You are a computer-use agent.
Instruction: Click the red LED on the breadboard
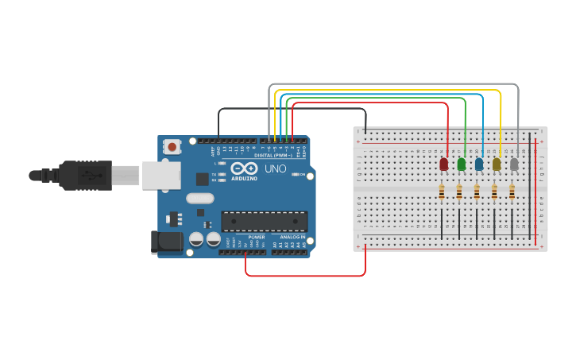(x=443, y=164)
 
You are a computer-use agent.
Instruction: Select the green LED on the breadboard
(x=461, y=164)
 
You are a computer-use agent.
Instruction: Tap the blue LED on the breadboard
(x=478, y=164)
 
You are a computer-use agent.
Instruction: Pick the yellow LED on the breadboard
(x=497, y=164)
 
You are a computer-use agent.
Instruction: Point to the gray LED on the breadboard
(x=514, y=164)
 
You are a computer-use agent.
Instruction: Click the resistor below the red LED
(x=442, y=192)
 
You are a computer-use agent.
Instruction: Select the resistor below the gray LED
(x=512, y=192)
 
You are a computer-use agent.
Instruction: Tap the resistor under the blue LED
(x=477, y=192)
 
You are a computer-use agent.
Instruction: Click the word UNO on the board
(x=275, y=169)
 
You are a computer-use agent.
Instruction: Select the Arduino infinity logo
(x=245, y=168)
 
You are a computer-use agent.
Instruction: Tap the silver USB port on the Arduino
(x=161, y=176)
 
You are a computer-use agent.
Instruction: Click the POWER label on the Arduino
(x=257, y=237)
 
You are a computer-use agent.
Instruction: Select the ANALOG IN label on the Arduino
(x=292, y=237)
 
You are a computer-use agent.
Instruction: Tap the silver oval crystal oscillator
(x=200, y=199)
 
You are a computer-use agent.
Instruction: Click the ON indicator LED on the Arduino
(x=296, y=174)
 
